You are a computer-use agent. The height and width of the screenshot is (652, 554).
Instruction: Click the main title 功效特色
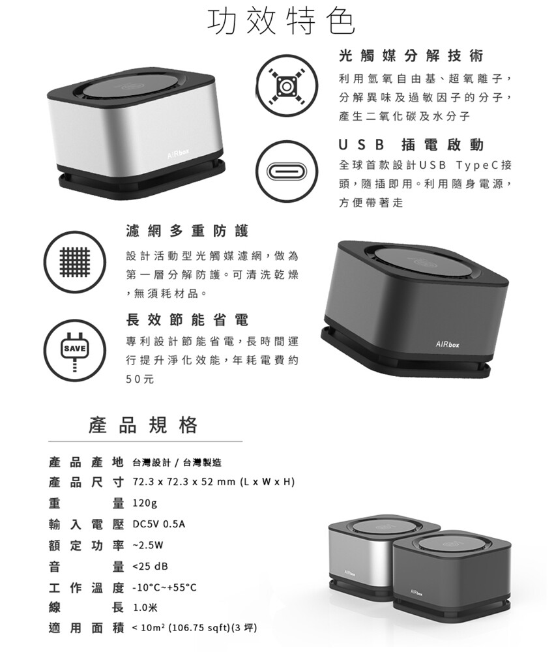(x=282, y=21)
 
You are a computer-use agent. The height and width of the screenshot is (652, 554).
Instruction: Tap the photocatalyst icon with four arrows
(x=287, y=86)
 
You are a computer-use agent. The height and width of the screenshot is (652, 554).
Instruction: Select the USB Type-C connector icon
(x=287, y=171)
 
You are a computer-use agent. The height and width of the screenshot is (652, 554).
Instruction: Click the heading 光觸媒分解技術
(x=411, y=56)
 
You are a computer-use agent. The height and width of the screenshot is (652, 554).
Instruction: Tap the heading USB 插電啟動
(x=411, y=145)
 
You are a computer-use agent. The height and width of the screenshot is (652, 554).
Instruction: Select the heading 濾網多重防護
(x=188, y=231)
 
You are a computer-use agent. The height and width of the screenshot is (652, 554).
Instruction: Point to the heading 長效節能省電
(x=188, y=320)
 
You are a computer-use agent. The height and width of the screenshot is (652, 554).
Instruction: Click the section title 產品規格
(x=143, y=425)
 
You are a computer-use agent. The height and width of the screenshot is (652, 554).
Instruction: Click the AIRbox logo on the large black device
(x=448, y=344)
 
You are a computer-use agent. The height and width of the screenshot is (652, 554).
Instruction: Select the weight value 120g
(x=145, y=503)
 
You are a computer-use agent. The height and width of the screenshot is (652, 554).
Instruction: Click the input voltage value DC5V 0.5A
(x=159, y=524)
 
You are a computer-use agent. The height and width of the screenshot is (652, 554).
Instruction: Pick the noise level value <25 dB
(x=150, y=567)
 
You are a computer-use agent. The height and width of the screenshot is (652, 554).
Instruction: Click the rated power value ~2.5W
(x=148, y=545)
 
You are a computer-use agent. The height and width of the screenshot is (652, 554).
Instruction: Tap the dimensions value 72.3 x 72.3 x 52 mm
(x=184, y=482)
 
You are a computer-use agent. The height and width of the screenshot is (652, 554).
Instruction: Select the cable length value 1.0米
(x=145, y=608)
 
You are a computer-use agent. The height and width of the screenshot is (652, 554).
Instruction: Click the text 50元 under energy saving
(x=140, y=379)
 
